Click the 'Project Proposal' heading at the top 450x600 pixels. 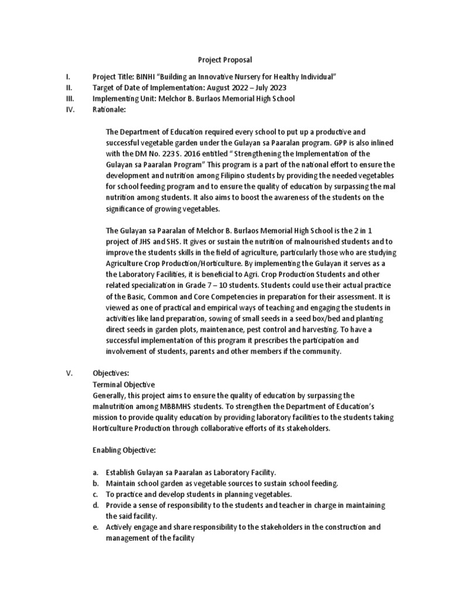pyautogui.click(x=224, y=60)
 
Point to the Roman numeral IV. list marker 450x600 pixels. pyautogui.click(x=69, y=109)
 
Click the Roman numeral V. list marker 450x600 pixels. pyautogui.click(x=68, y=373)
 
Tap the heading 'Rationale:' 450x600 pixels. pyautogui.click(x=110, y=109)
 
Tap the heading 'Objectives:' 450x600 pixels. pyautogui.click(x=111, y=373)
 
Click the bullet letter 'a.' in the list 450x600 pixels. pyautogui.click(x=96, y=472)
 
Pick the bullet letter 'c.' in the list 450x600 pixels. pyautogui.click(x=96, y=494)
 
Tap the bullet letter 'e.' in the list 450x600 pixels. pyautogui.click(x=96, y=527)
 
